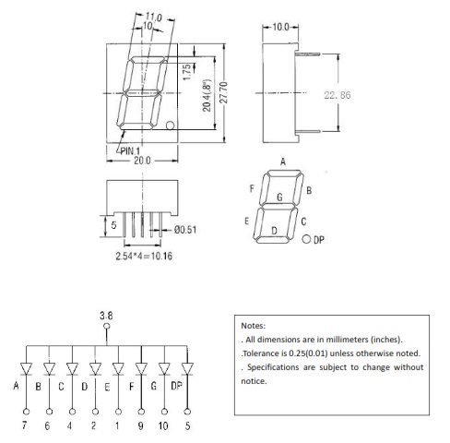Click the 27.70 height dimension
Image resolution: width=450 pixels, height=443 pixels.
pyautogui.click(x=224, y=92)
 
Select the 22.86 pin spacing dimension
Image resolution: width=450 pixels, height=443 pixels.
pyautogui.click(x=337, y=95)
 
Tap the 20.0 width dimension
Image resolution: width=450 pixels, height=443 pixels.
pyautogui.click(x=142, y=161)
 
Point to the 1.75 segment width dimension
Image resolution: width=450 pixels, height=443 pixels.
pyautogui.click(x=186, y=72)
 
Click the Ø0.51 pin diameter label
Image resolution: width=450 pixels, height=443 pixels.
pyautogui.click(x=185, y=230)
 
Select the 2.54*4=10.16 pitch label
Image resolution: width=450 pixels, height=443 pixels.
pyautogui.click(x=144, y=256)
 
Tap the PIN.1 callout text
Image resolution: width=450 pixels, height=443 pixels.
pyautogui.click(x=130, y=150)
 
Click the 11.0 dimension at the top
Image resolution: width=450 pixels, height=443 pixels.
pyautogui.click(x=153, y=17)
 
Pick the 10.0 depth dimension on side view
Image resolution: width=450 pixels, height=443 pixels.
pyautogui.click(x=280, y=27)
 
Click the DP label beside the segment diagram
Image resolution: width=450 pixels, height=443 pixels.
pyautogui.click(x=319, y=240)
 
